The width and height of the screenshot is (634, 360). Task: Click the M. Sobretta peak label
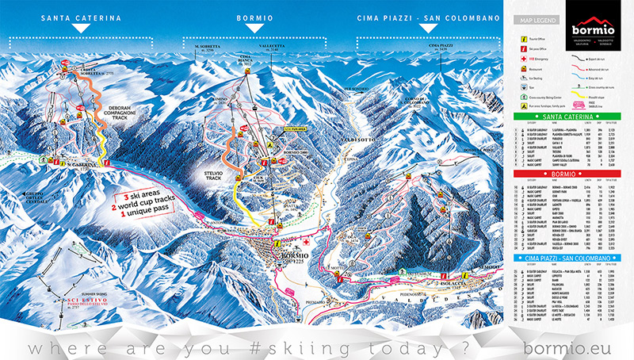tap(208, 48)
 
